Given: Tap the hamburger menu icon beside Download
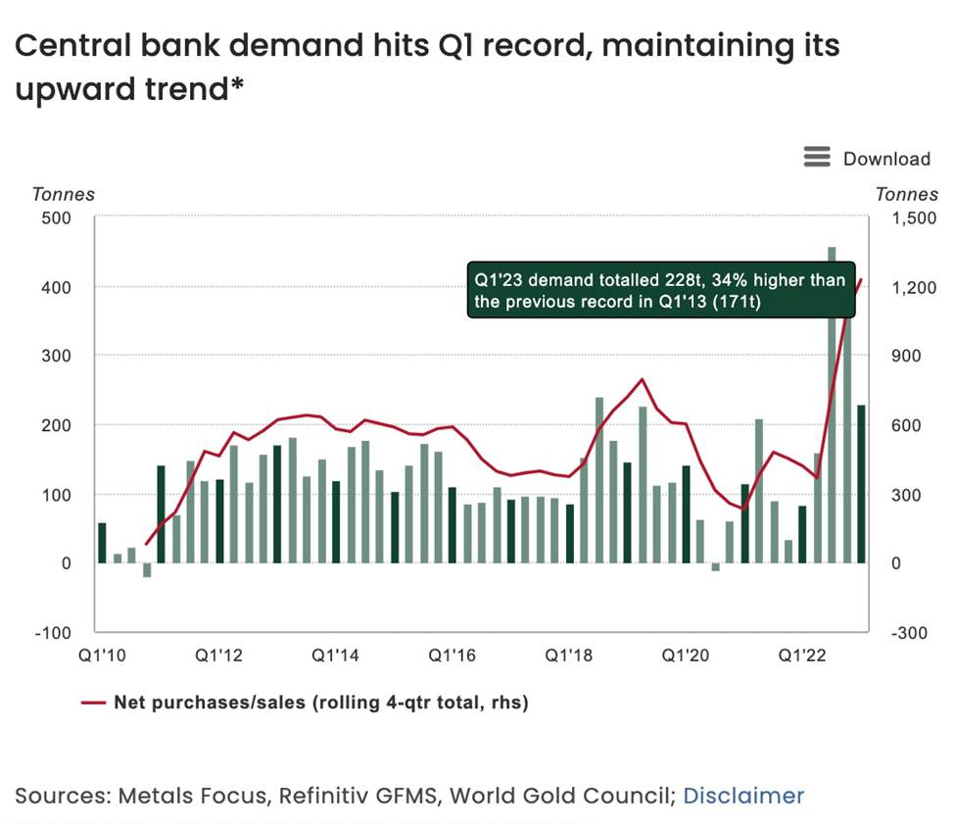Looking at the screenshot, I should pyautogui.click(x=817, y=158).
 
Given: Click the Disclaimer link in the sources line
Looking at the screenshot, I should pyautogui.click(x=743, y=796).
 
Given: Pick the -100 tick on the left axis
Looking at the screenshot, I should pyautogui.click(x=56, y=632).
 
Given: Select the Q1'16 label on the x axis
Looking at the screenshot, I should pyautogui.click(x=453, y=654).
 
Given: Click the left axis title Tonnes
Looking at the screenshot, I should pyautogui.click(x=64, y=194).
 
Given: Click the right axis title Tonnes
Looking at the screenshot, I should pyautogui.click(x=906, y=194).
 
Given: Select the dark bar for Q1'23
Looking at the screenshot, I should pyautogui.click(x=861, y=484).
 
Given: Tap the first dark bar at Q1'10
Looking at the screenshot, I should pyautogui.click(x=102, y=544).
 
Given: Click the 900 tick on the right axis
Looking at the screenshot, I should pyautogui.click(x=904, y=356).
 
